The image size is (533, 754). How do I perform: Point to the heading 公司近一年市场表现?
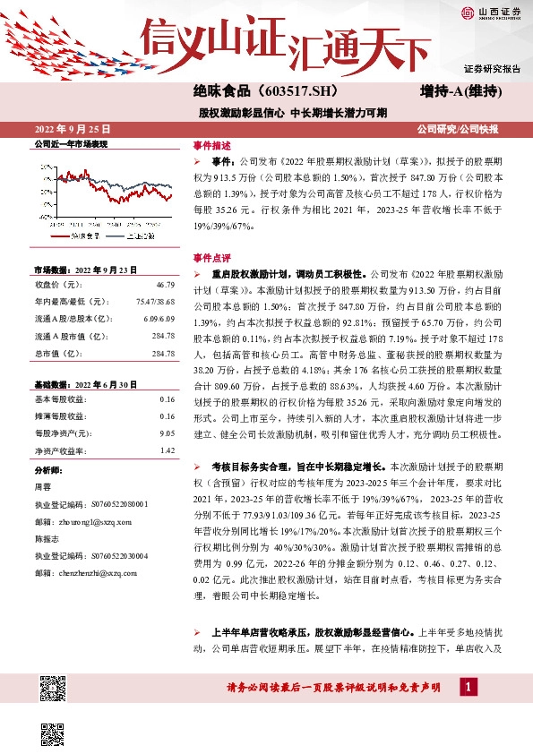tap(70, 143)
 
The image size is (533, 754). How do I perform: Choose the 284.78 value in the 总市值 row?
tap(163, 355)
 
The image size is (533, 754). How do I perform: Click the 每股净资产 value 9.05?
tap(166, 433)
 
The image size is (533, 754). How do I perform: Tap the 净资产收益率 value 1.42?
tap(167, 450)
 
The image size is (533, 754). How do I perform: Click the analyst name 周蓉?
tap(42, 486)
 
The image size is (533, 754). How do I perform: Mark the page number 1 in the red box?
tap(467, 687)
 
